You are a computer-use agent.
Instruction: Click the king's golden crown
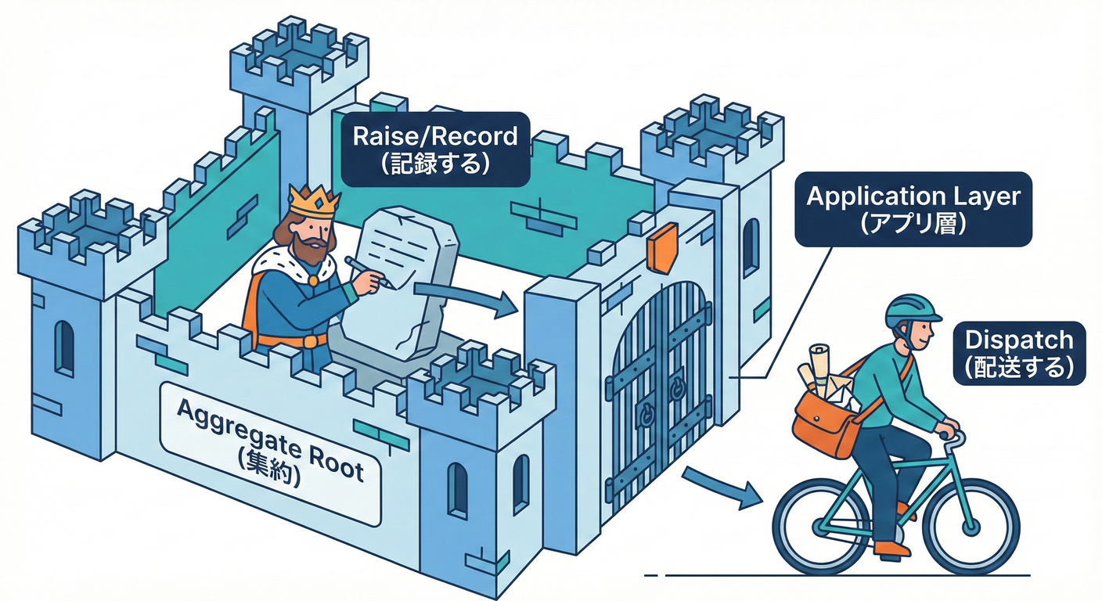(314, 202)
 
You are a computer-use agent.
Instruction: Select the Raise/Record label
(435, 149)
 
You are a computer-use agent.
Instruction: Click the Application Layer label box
(913, 208)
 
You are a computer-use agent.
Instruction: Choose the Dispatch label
(1018, 353)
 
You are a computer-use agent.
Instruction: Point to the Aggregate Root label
(271, 452)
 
